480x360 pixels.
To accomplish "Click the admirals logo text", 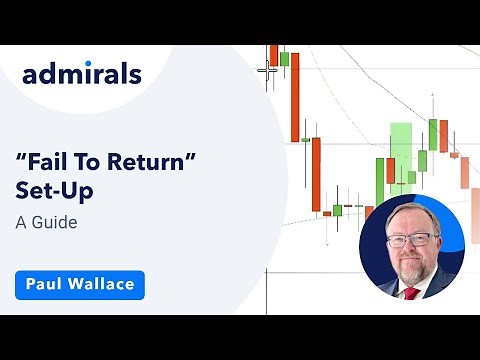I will [81, 74].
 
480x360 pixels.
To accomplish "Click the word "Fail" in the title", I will [59, 159].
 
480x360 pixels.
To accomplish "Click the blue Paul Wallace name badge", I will [80, 285].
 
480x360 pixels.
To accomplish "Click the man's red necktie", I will [410, 292].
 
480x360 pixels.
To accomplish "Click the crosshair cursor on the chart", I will [266, 70].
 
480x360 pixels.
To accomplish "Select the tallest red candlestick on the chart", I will [295, 95].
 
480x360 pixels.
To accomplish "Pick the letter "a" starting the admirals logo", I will [31, 75].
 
